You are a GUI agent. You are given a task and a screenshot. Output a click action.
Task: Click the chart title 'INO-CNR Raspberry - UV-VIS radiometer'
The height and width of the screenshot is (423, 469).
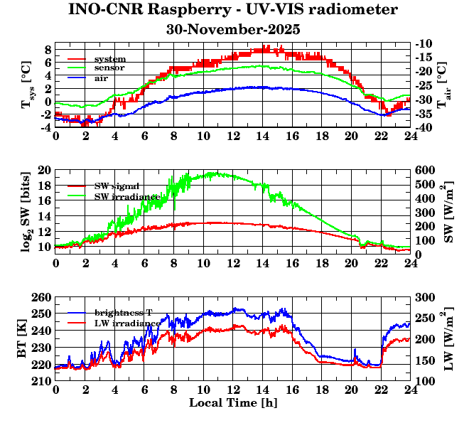pyautogui.click(x=233, y=10)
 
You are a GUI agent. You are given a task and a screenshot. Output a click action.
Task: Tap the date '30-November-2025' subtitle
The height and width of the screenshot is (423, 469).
pyautogui.click(x=233, y=30)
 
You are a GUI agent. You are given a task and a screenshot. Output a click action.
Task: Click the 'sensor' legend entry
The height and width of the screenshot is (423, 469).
pyautogui.click(x=110, y=68)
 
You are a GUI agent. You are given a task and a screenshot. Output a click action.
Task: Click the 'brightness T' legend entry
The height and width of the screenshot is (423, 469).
pyautogui.click(x=125, y=313)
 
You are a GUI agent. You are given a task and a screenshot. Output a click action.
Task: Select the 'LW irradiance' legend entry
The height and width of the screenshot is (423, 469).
pyautogui.click(x=126, y=323)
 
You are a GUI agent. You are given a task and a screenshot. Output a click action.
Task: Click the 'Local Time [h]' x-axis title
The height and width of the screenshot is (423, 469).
pyautogui.click(x=232, y=403)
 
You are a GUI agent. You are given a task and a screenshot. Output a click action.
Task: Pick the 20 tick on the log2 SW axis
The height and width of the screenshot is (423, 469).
pyautogui.click(x=45, y=171)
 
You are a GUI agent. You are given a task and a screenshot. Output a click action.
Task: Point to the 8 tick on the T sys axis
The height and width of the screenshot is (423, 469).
pyautogui.click(x=48, y=49)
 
